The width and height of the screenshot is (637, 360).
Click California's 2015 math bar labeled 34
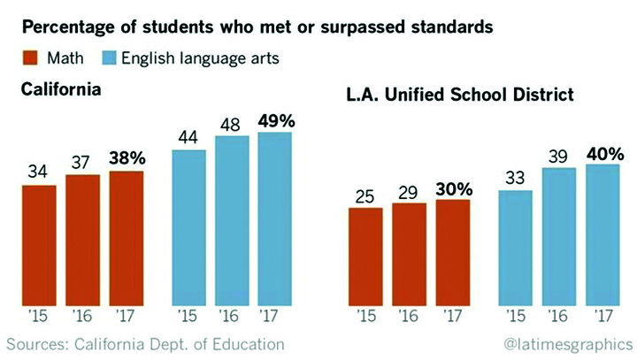(39, 243)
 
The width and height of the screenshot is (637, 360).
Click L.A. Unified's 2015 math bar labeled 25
(359, 256)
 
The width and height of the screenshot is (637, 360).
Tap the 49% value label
(275, 120)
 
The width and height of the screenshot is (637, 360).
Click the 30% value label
(453, 188)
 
